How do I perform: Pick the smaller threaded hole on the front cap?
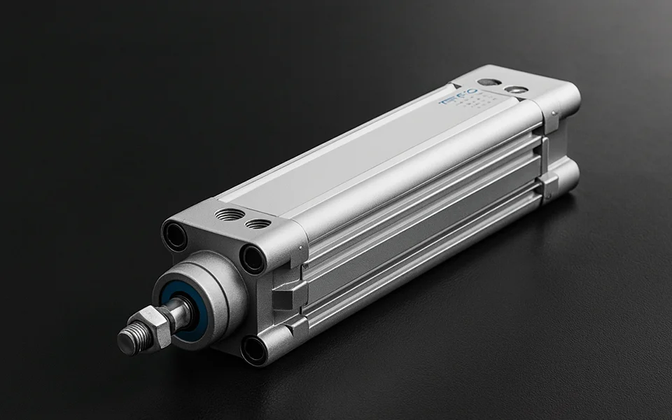click(x=258, y=224)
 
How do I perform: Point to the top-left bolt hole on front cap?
click(x=175, y=236)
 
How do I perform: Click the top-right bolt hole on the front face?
click(x=253, y=259)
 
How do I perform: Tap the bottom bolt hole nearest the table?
click(x=253, y=350)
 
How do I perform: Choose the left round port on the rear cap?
click(x=489, y=82)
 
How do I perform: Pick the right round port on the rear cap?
click(x=517, y=90)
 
